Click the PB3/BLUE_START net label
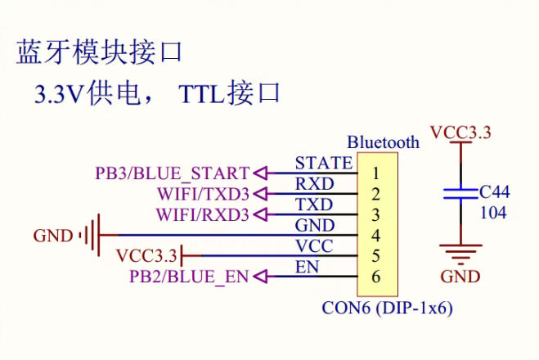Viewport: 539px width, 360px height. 172,173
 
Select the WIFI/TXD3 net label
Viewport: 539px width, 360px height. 203,195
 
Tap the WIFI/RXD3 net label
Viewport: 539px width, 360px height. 203,215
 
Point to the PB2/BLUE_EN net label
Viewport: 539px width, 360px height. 188,277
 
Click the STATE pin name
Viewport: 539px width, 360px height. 324,163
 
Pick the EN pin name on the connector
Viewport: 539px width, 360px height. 308,267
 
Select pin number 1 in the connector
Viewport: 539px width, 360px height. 375,173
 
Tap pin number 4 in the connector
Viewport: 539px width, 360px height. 375,236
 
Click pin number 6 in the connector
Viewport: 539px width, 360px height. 375,277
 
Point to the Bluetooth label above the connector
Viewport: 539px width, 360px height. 383,142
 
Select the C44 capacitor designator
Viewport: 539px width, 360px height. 495,192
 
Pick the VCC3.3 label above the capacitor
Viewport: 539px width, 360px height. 460,133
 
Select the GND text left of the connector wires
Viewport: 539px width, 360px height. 52,236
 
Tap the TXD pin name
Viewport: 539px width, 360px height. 314,205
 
